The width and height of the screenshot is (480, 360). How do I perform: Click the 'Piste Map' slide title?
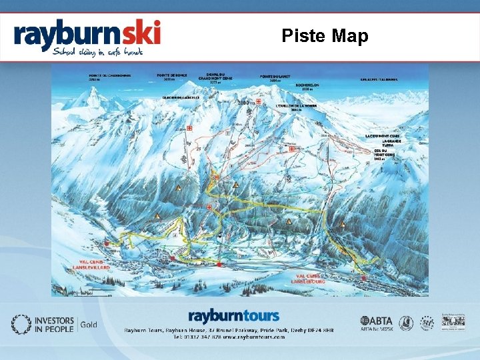click(x=324, y=35)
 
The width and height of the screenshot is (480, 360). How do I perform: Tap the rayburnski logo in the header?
click(x=87, y=33)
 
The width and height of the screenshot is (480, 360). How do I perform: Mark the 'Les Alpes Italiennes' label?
click(x=379, y=79)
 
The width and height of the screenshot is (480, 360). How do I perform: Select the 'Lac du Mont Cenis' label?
click(x=385, y=135)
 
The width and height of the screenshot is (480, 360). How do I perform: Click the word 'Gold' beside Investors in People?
click(x=89, y=325)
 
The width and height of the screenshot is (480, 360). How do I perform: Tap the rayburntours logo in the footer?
click(x=233, y=315)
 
